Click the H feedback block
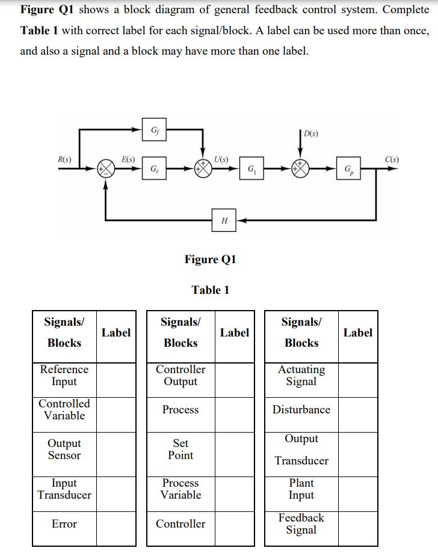[x=224, y=221]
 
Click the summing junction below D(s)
[x=300, y=169]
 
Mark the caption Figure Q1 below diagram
[x=210, y=260]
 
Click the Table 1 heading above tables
[x=210, y=290]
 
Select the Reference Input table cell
[x=64, y=376]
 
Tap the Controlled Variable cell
[x=64, y=410]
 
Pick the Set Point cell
[x=180, y=449]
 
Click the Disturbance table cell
[x=301, y=410]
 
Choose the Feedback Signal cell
[x=301, y=524]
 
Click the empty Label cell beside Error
[x=116, y=524]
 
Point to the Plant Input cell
[x=301, y=489]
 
